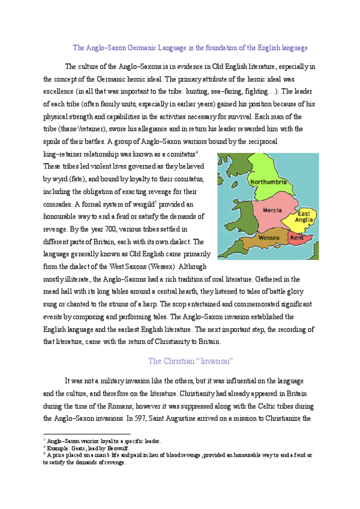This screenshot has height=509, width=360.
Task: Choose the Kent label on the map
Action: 296,238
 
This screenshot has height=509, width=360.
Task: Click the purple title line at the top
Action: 190,47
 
